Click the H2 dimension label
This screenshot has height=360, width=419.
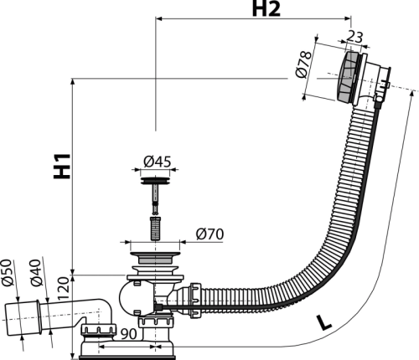(266, 8)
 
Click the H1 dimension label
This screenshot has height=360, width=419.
(62, 166)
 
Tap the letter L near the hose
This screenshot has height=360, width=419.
(324, 322)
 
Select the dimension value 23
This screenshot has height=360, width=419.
(355, 37)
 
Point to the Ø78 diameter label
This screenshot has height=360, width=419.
(303, 64)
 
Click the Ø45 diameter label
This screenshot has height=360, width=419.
(157, 162)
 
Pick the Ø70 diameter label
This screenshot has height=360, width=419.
(209, 234)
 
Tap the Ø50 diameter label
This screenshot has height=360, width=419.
(8, 273)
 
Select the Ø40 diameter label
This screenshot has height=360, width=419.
(36, 273)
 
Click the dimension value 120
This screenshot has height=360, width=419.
(64, 288)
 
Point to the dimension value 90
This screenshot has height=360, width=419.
(128, 334)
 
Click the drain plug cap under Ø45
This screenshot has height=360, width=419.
(155, 181)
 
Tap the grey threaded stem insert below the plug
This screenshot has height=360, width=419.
(154, 228)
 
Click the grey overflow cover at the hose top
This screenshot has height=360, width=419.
(345, 77)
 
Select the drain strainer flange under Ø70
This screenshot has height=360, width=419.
(154, 258)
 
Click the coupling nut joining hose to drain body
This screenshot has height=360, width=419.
(195, 300)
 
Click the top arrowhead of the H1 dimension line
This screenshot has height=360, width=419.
(73, 82)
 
